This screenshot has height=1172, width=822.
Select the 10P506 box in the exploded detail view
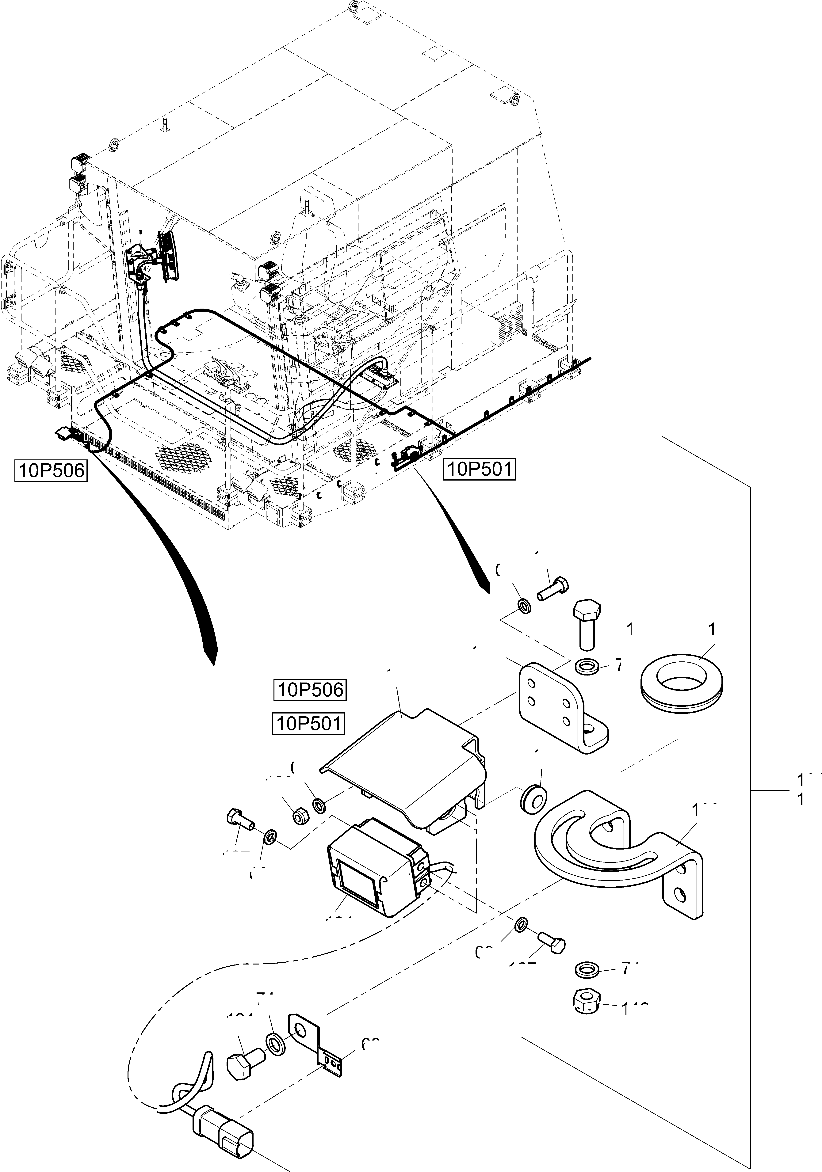tap(309, 690)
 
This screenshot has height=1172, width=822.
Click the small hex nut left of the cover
tap(300, 817)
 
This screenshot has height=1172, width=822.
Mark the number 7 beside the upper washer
tap(619, 666)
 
